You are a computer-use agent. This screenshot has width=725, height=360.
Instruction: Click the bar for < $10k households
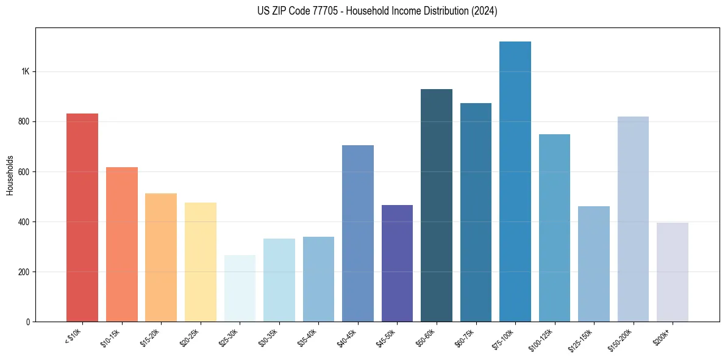(82, 217)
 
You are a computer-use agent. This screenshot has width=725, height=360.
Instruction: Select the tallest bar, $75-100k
(515, 181)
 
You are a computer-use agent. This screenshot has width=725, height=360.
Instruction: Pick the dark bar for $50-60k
(437, 205)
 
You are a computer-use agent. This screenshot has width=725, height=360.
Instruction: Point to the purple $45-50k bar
(397, 263)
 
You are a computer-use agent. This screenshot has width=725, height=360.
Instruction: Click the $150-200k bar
(633, 219)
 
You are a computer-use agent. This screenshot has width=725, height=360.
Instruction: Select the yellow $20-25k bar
(201, 262)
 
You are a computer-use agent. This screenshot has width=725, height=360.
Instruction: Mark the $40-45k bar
(358, 233)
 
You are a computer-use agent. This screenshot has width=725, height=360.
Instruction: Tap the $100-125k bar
(554, 228)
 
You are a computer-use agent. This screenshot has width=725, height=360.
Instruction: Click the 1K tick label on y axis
(25, 71)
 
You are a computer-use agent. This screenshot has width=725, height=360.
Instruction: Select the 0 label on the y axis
(28, 322)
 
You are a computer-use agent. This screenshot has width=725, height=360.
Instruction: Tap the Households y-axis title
(10, 175)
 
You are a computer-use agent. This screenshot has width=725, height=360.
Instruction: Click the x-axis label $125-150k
(581, 339)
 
